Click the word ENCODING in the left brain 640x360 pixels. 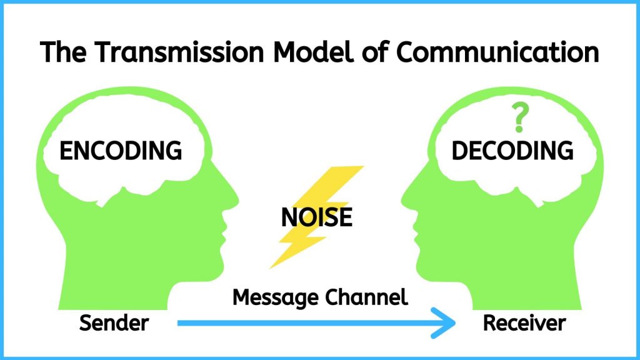click(x=120, y=151)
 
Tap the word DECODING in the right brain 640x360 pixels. click(x=512, y=151)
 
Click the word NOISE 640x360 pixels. click(x=317, y=217)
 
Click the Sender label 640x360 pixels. click(x=114, y=323)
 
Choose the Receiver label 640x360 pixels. click(x=524, y=323)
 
